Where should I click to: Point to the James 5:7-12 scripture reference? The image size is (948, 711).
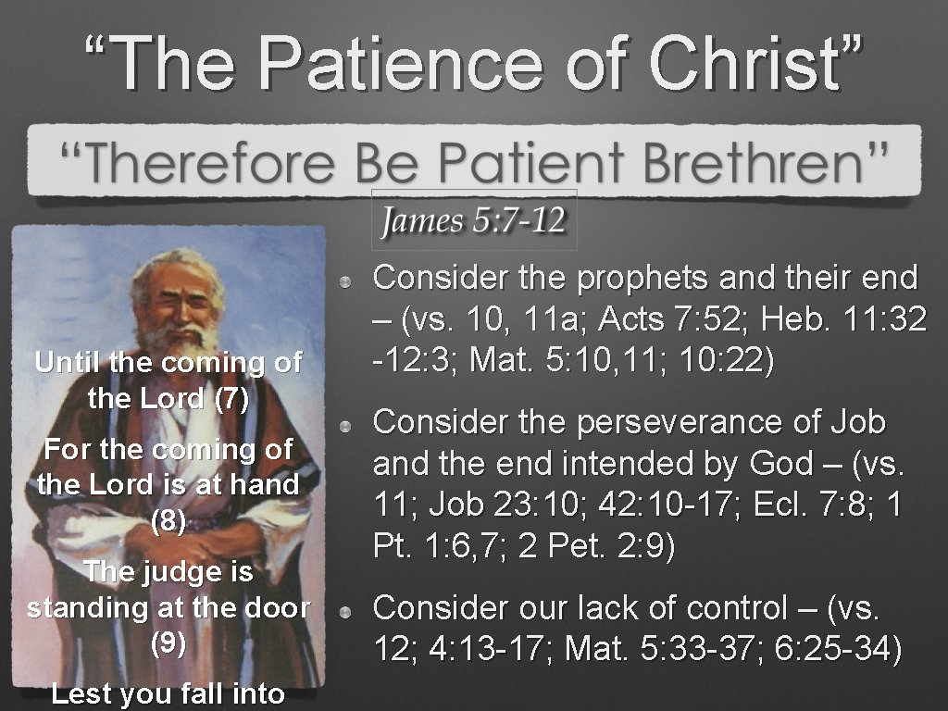(x=473, y=221)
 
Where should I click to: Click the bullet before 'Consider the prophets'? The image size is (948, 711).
(x=343, y=281)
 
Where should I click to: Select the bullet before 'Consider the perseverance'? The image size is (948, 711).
(x=343, y=426)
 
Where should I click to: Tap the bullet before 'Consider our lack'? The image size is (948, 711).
(x=343, y=612)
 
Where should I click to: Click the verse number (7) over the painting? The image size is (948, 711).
(x=231, y=399)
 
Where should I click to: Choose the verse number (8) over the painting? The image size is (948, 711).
(x=168, y=520)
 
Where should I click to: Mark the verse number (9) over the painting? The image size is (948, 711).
(x=168, y=642)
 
